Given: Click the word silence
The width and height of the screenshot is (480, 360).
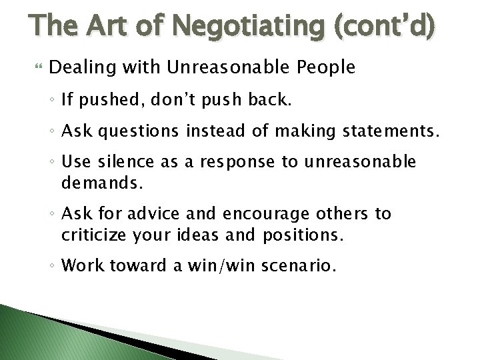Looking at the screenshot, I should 142,162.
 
